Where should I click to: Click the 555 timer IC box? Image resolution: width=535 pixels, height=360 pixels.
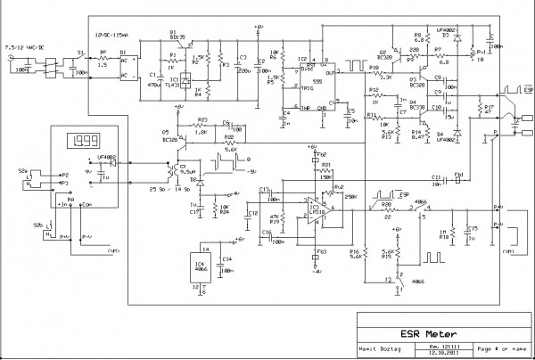307,83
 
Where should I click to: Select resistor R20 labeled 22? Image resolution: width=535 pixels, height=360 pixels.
388,211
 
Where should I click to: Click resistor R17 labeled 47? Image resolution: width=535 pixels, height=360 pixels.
480,112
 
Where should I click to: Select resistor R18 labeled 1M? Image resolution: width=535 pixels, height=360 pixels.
452,233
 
